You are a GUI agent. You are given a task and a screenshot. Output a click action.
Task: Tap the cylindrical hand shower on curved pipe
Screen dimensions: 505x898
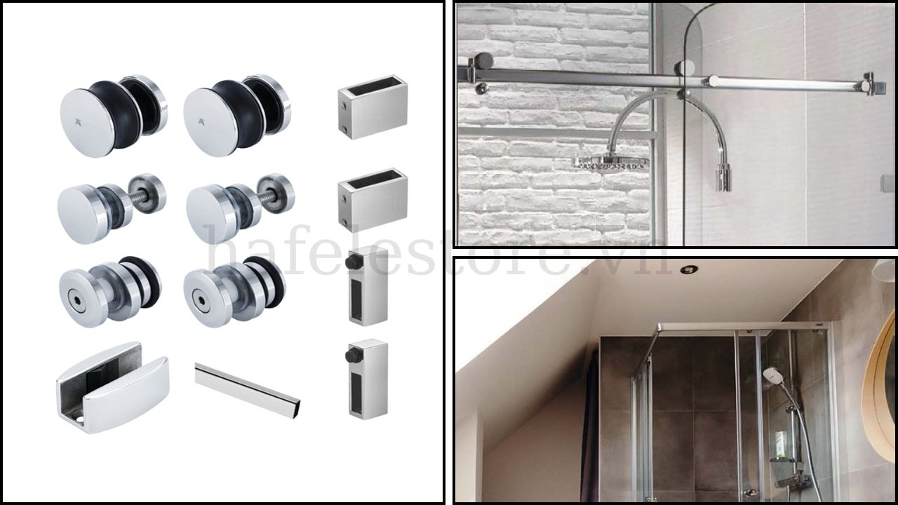(723, 177)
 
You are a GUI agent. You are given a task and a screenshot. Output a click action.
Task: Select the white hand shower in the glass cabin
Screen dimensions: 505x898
(772, 375)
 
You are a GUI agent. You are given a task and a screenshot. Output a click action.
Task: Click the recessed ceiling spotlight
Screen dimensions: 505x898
(689, 269)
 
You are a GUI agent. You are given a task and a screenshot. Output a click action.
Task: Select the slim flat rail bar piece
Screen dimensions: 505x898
(247, 389)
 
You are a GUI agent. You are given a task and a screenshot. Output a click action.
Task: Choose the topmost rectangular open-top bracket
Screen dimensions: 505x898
(373, 107)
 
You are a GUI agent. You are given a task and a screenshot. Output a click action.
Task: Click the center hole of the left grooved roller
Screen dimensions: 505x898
(76, 305)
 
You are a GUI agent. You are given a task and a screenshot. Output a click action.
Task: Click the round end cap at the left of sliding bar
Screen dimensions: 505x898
(483, 61)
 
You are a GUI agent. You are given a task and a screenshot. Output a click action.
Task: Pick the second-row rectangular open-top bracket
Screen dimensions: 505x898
(373, 198)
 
